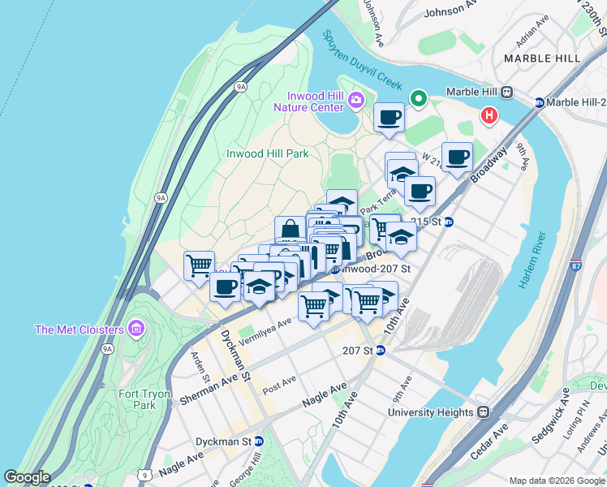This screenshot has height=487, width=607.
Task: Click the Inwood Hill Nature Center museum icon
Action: pyautogui.click(x=355, y=100)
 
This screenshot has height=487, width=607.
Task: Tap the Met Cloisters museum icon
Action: pyautogui.click(x=136, y=329)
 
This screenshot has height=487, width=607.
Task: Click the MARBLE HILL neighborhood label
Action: pyautogui.click(x=542, y=58)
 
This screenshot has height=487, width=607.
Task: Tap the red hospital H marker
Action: pyautogui.click(x=489, y=115)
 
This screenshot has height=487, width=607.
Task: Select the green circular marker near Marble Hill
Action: pyautogui.click(x=419, y=99)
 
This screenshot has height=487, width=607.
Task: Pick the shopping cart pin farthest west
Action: pyautogui.click(x=199, y=265)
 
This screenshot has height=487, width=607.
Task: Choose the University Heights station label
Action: pyautogui.click(x=430, y=412)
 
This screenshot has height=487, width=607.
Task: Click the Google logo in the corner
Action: pyautogui.click(x=27, y=476)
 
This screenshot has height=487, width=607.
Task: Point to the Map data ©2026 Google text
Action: pyautogui.click(x=556, y=481)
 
